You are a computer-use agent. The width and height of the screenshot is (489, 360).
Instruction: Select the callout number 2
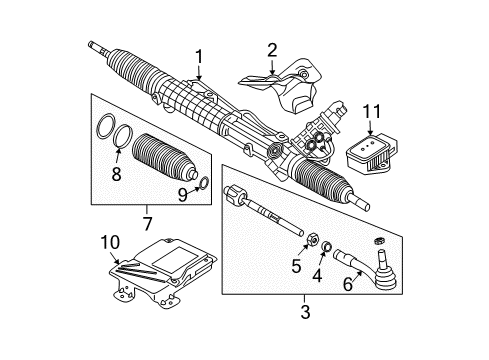pos(272,49)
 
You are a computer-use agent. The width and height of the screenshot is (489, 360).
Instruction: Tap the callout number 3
pos(306,313)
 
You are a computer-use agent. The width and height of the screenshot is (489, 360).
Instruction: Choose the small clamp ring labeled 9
pos(204,183)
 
